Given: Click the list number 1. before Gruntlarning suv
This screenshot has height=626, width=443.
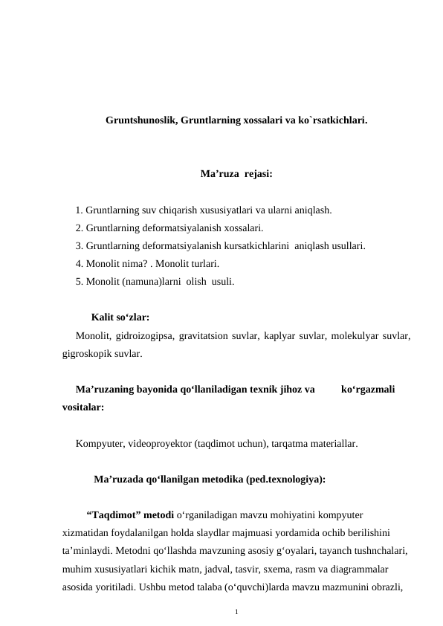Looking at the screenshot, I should point(80,210).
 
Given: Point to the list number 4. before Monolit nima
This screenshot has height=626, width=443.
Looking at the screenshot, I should point(80,264).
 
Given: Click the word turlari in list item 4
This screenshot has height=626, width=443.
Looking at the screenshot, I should point(200,264).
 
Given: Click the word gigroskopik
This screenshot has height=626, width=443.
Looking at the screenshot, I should point(87,354).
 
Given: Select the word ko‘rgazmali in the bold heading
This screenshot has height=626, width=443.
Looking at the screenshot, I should point(368,388).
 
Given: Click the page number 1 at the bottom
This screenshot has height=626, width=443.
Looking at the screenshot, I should point(236,611).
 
